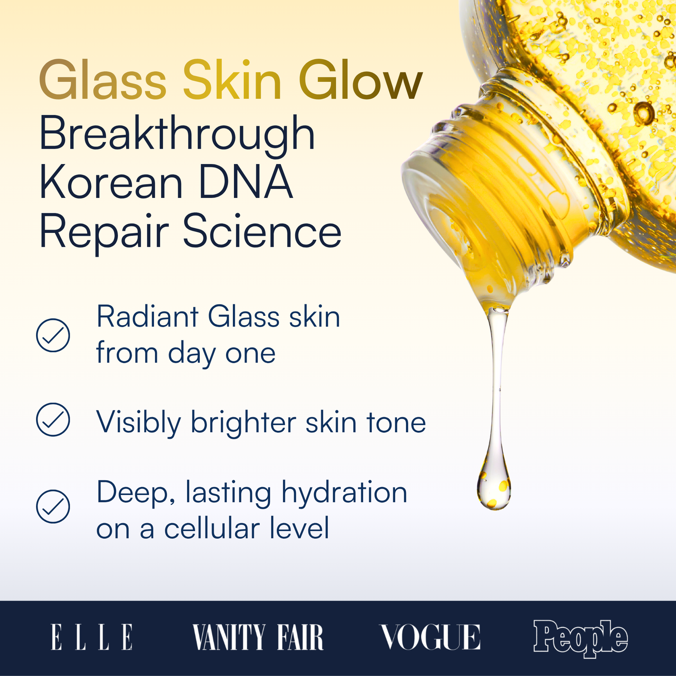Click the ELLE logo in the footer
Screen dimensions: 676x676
coord(92,637)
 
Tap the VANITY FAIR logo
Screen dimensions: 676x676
coord(258,637)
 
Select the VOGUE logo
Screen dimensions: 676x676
coord(430,637)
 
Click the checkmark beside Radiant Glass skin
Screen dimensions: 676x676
coord(53,335)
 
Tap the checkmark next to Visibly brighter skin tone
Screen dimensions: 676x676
coord(53,419)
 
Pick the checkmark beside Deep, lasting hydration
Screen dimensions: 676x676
coord(53,506)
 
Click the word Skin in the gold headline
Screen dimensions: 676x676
coord(232,81)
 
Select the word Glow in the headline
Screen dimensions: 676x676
coord(361,81)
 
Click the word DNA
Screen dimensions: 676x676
coord(245,182)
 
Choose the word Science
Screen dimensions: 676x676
coord(262,231)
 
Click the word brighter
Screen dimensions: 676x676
coord(243,422)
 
